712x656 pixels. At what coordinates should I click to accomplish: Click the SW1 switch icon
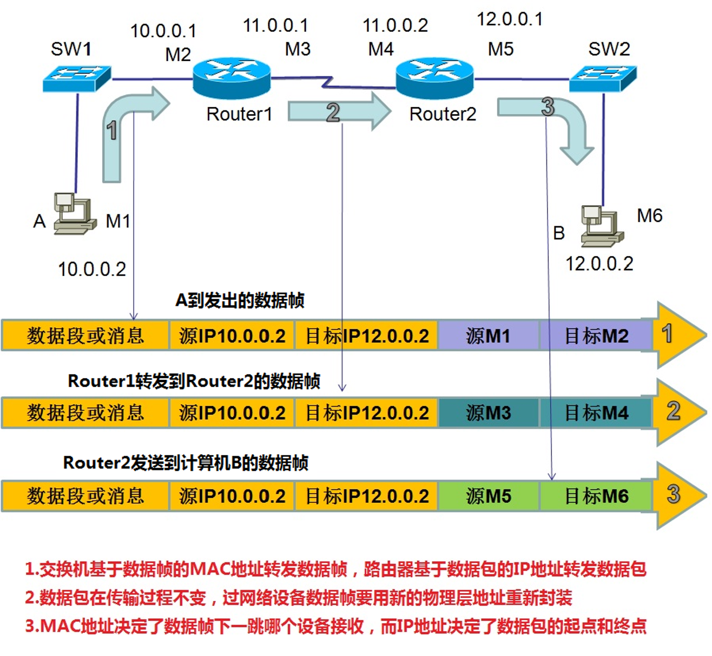point(77,78)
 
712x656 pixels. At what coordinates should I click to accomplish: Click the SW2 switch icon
point(603,78)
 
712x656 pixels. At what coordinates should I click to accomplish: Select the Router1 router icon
point(232,77)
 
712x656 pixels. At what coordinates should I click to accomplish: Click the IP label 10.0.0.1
point(163,31)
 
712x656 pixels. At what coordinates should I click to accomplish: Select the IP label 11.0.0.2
point(395,25)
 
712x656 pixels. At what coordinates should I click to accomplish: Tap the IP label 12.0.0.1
point(509,19)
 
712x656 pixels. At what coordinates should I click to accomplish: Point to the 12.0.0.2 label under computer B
point(599,264)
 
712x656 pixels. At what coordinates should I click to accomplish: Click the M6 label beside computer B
point(649,215)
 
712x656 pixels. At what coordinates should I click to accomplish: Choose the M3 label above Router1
point(298,49)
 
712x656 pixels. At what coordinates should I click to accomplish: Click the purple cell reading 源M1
point(488,336)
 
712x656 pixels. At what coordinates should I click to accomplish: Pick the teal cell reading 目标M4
point(596,413)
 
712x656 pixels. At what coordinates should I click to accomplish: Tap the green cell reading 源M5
point(488,496)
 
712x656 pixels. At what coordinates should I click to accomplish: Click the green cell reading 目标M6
point(596,496)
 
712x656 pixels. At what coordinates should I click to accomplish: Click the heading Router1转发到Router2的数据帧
point(194,381)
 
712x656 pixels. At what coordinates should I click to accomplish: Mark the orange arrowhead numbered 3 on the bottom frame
point(676,495)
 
